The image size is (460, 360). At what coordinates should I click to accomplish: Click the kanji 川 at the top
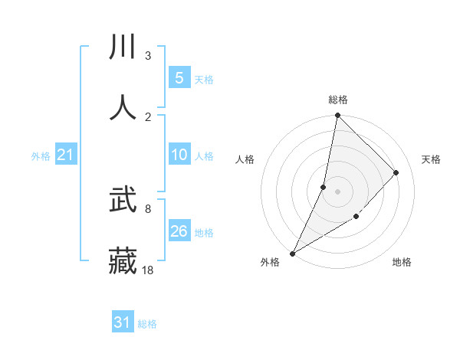(x=123, y=47)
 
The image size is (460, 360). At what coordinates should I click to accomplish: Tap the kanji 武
(x=123, y=200)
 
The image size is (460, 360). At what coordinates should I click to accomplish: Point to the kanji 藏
(x=123, y=260)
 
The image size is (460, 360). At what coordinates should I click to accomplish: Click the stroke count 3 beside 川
(x=147, y=56)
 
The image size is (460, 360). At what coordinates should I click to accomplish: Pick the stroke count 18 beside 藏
(x=148, y=270)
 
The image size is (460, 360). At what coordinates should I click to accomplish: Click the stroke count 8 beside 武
(x=147, y=208)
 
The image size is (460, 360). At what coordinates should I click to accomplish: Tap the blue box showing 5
(x=179, y=77)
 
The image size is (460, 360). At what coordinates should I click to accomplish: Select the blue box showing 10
(x=179, y=155)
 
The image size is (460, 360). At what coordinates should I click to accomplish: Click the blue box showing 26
(x=179, y=231)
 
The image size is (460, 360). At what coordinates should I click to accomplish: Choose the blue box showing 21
(x=65, y=155)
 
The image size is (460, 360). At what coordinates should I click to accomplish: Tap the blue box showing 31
(x=123, y=322)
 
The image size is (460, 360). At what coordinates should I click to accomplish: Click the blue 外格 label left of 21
(x=41, y=156)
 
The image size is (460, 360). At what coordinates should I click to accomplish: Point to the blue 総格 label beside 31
(x=147, y=324)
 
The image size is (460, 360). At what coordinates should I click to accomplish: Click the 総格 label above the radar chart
(x=338, y=100)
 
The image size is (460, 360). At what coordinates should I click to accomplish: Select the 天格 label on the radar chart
(x=431, y=159)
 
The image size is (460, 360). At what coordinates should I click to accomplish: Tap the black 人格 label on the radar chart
(x=245, y=159)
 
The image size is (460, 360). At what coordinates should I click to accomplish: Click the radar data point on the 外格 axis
(x=293, y=253)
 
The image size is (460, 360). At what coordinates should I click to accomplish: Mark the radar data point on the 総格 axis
(x=337, y=116)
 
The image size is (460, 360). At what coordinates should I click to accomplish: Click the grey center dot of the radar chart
(x=337, y=191)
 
